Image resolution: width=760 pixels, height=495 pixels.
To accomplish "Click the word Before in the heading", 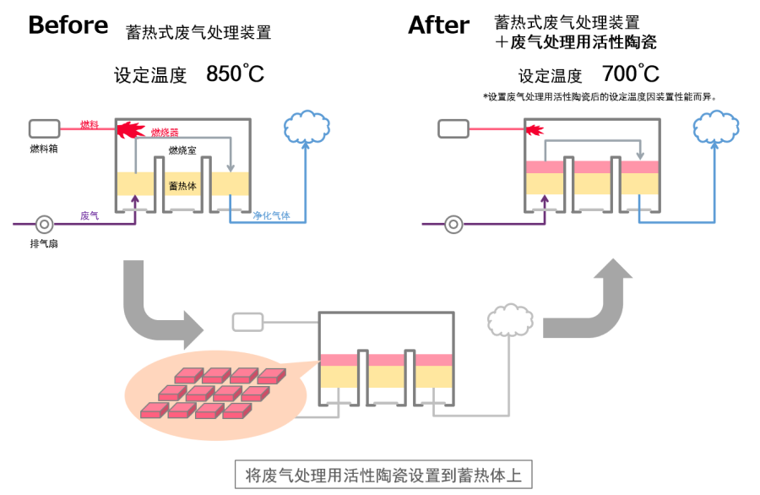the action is [68, 24].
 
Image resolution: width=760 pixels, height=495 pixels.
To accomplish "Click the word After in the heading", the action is [439, 24].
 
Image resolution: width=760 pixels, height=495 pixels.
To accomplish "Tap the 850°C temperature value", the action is [235, 73].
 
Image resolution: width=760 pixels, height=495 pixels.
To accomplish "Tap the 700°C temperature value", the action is [631, 73].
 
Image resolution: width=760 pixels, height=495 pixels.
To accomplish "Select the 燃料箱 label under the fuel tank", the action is [44, 149].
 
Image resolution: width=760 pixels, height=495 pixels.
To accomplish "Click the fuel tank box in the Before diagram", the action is [45, 129].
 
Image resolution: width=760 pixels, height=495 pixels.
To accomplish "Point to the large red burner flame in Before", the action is [130, 129].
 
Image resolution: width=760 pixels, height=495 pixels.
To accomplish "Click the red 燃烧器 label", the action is [165, 133].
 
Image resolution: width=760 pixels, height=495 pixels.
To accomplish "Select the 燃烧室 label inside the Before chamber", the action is [182, 150].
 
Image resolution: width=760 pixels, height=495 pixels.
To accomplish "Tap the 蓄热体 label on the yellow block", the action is [182, 186].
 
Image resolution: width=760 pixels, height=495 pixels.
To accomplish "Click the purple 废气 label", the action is [90, 215].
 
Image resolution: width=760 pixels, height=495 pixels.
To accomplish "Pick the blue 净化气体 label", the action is [271, 215].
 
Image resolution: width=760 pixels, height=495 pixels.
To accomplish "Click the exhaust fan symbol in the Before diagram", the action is [45, 224].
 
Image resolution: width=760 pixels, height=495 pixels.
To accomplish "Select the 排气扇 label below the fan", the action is [44, 243].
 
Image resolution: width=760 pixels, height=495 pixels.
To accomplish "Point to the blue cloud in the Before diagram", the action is [307, 127].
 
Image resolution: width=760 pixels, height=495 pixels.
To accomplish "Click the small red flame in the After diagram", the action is [535, 130].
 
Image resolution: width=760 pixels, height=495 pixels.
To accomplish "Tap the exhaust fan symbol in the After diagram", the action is [453, 224].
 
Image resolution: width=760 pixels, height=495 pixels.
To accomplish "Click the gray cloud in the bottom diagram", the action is [510, 320].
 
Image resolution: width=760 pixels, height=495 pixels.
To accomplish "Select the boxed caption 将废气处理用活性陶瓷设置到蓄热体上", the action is [383, 475].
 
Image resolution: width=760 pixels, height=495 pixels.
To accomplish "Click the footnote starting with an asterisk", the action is [600, 97].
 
